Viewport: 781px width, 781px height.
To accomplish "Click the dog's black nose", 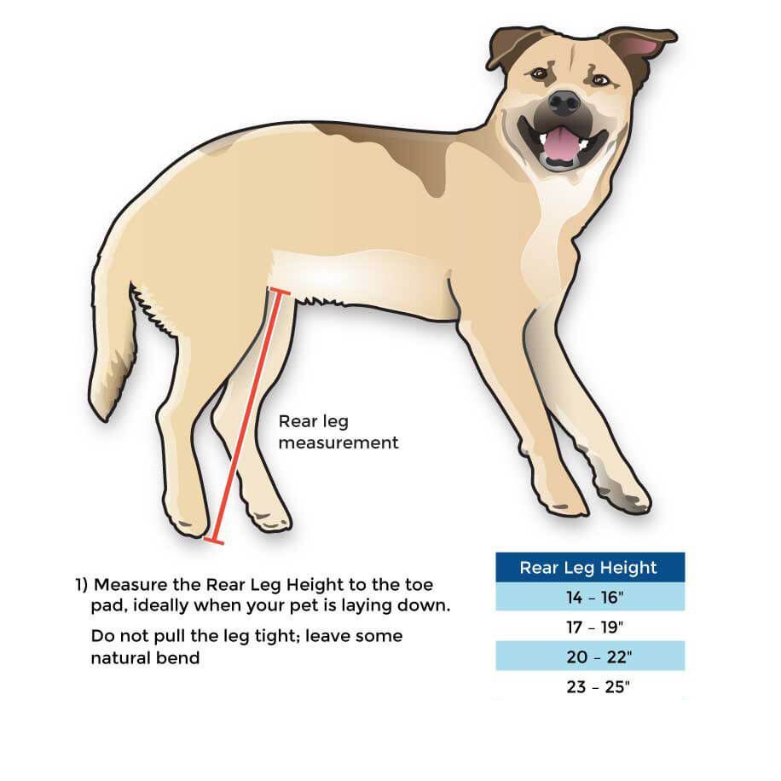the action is (564, 103).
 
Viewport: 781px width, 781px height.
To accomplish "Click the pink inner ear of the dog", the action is (644, 47).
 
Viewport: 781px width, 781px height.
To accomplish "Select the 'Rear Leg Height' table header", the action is (590, 567).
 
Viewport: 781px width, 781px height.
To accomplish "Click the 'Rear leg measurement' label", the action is (338, 431).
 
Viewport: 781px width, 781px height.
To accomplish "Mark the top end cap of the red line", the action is (280, 292).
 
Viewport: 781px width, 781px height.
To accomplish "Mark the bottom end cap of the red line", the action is (214, 541).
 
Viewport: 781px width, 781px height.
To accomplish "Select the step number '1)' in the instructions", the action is (81, 584).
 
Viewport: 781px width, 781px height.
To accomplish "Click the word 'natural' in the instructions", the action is (120, 658).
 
